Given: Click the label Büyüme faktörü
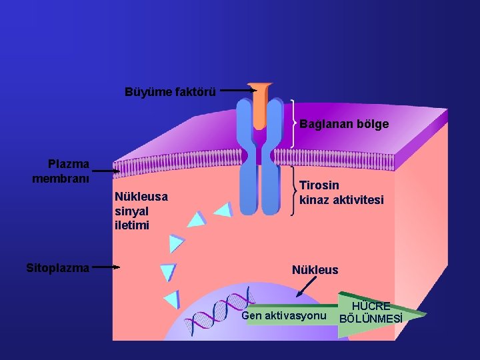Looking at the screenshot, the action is click(170, 91).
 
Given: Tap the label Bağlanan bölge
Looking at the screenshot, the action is click(344, 124).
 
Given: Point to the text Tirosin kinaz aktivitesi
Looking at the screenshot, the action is click(341, 192).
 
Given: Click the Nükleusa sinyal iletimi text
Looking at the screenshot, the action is click(141, 211).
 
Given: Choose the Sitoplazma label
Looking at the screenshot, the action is click(57, 268).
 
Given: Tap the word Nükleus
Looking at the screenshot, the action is click(315, 270).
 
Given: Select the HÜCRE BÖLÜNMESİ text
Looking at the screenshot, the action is click(371, 312).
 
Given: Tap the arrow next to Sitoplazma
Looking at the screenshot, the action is click(105, 268).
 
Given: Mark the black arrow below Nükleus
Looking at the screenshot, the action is click(307, 287).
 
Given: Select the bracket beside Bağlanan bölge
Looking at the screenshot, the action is click(293, 123).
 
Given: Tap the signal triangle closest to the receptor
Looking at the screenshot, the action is click(223, 210).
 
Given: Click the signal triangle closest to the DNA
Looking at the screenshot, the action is click(172, 298).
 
